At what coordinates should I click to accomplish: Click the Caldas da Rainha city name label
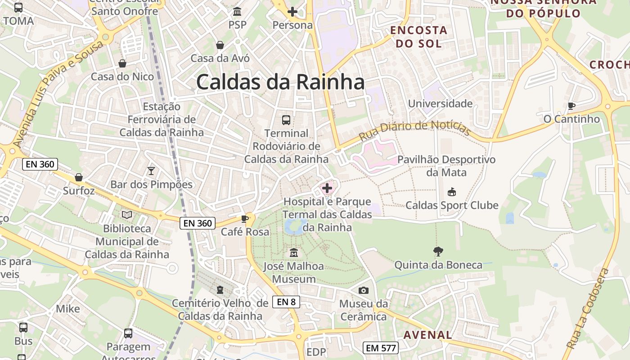point(280,83)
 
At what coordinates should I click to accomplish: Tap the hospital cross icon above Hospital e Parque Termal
point(327,188)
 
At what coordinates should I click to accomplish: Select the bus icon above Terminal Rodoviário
point(286,120)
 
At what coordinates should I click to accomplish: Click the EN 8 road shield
point(286,302)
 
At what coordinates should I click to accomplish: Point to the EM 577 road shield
point(381,348)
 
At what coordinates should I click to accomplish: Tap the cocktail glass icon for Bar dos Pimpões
point(151,171)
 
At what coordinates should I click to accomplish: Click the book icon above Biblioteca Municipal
point(127,215)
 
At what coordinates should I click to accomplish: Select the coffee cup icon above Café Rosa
point(245,219)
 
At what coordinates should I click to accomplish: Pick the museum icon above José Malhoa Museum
point(294,253)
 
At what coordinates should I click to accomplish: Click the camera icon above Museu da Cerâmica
point(363,291)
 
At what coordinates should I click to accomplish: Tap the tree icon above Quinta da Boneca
point(438,252)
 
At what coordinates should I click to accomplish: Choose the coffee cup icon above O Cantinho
point(571,106)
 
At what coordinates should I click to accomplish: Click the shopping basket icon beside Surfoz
point(79,177)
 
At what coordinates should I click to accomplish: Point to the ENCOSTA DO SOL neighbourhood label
point(418,37)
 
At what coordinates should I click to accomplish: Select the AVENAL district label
point(427,335)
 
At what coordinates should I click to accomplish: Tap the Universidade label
point(440,104)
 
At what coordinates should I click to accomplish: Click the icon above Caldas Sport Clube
point(451,192)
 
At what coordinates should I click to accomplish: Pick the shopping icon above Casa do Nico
point(122,63)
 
